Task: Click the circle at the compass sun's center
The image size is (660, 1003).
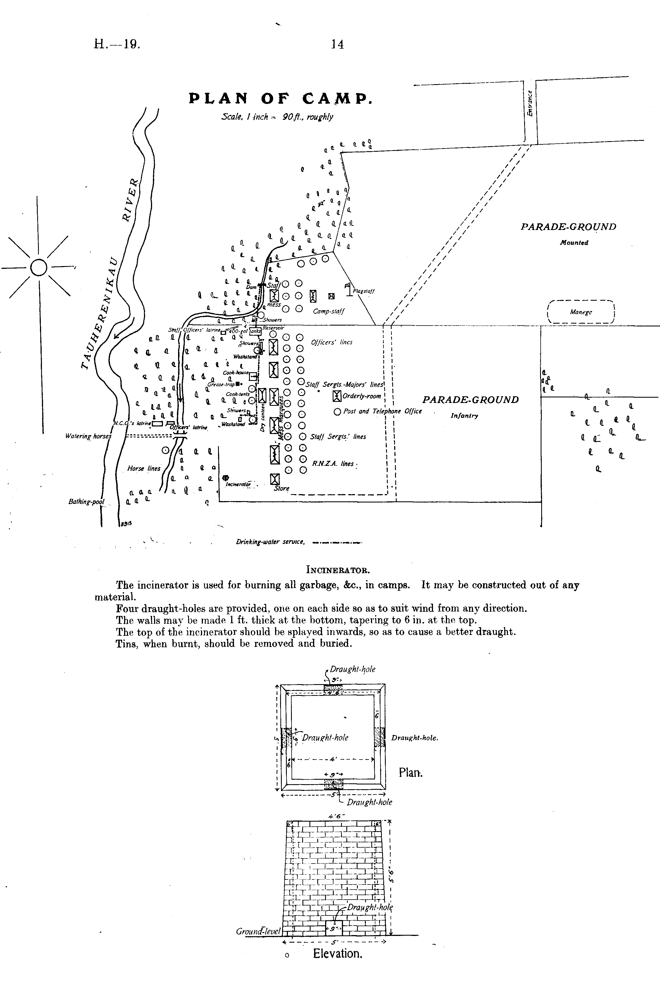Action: tap(39, 267)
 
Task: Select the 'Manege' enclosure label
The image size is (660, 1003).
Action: tap(581, 312)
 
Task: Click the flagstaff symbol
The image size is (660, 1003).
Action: tap(348, 289)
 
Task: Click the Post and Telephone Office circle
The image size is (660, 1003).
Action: tap(337, 412)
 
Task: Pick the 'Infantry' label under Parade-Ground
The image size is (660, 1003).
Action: tap(464, 416)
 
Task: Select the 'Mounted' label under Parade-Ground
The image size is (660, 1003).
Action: tap(574, 243)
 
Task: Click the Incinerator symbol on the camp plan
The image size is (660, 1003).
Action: tap(226, 478)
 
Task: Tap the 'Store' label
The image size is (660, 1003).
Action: tap(281, 489)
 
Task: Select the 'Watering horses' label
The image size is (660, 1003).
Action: tap(88, 436)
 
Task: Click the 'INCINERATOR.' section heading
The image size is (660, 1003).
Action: tap(338, 571)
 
